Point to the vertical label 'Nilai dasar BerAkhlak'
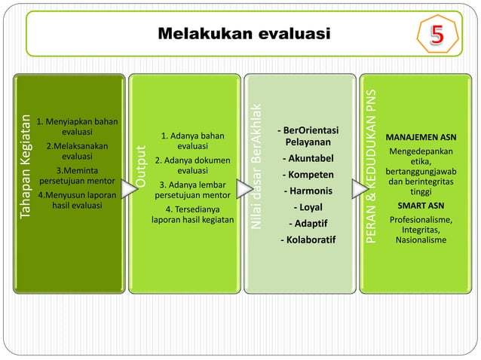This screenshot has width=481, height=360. pyautogui.click(x=257, y=166)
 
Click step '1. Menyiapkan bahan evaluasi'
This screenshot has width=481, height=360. pyautogui.click(x=72, y=126)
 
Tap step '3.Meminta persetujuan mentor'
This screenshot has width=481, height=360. pyautogui.click(x=75, y=175)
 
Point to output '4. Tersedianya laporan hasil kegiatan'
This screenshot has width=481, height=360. pyautogui.click(x=193, y=215)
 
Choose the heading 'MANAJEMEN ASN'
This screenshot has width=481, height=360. pyautogui.click(x=421, y=138)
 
